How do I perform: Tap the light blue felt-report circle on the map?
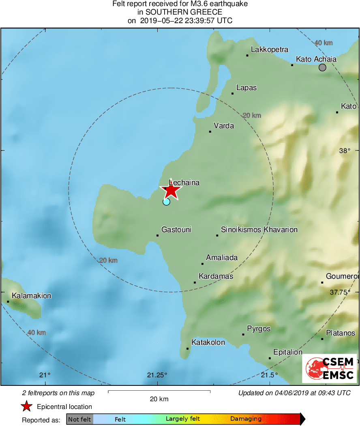coord(166,202)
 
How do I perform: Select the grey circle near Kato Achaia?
coord(322,67)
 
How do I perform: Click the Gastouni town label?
coord(176,230)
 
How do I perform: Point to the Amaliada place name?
coord(222,258)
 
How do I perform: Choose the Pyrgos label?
coord(259,329)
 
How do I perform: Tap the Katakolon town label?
coord(208,342)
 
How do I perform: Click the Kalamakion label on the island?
coord(32,296)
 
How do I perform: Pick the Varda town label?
coord(224,126)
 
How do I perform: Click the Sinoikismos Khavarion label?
coord(259,230)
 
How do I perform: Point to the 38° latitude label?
coord(345,151)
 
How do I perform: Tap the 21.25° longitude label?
coord(157,375)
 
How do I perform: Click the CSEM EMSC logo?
coord(330,368)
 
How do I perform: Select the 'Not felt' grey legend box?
coord(79,419)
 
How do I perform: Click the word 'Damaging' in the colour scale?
coord(246,419)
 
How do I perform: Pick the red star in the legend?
coord(27,407)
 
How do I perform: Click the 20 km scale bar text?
coord(159,399)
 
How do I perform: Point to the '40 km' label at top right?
coord(324,43)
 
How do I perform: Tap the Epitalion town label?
coord(288,352)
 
